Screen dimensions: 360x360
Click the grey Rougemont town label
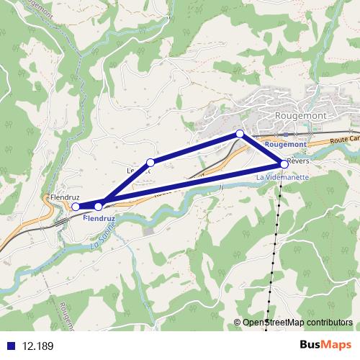point(302,115)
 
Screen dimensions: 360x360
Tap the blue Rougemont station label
point(285,144)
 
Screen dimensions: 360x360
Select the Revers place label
point(297,161)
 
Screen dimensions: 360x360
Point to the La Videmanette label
point(282,176)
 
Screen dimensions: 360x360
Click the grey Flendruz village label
point(65,196)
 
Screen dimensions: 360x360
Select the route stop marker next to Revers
point(284,163)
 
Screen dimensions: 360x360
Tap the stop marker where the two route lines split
point(99,207)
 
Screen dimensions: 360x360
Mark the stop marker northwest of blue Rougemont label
point(240,134)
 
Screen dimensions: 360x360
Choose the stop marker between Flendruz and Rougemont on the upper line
point(150,163)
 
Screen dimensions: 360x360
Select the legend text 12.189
point(37,346)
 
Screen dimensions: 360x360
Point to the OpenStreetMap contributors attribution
point(297,323)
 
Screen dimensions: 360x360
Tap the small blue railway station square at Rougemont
point(285,135)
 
